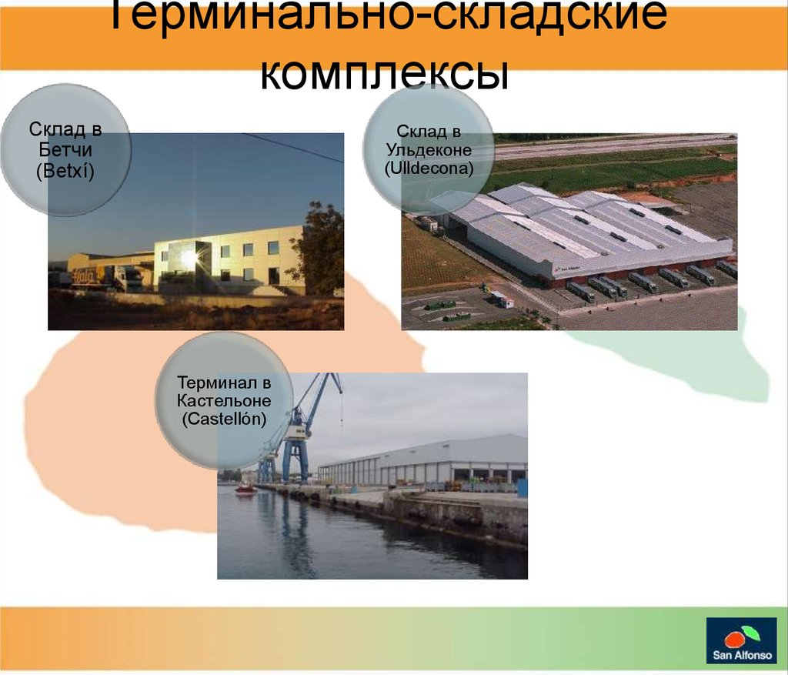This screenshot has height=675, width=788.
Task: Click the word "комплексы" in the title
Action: (x=385, y=75)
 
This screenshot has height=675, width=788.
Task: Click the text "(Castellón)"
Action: (x=224, y=419)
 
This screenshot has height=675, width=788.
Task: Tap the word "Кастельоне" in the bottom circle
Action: (x=224, y=400)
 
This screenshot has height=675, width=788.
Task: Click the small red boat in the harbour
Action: (x=245, y=489)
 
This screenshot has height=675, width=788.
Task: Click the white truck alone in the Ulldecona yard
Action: (x=502, y=299)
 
